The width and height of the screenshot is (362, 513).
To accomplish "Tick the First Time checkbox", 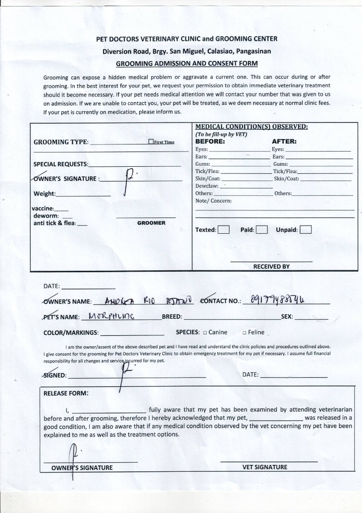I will click(x=151, y=142).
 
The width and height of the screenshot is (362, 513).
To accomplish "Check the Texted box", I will click(x=224, y=230).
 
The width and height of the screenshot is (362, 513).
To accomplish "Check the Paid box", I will click(x=262, y=230).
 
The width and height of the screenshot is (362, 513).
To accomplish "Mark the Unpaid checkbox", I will click(x=305, y=230).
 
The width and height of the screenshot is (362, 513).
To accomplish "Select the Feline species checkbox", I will click(x=244, y=332).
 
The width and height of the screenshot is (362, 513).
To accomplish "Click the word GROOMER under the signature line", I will click(x=151, y=223).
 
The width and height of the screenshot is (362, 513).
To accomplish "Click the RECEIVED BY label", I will click(x=271, y=266).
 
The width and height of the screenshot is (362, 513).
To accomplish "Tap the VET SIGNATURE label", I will click(x=265, y=467).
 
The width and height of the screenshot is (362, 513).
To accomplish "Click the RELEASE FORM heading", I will click(x=66, y=393).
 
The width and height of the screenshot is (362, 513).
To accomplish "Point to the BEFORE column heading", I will click(x=210, y=142).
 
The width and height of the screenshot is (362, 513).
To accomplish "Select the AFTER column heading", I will click(x=284, y=142).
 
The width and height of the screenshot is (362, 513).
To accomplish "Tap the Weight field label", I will click(x=44, y=194).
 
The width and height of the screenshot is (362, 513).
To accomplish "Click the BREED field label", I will click(x=172, y=317).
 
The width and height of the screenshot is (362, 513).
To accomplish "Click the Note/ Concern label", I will click(x=213, y=201).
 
